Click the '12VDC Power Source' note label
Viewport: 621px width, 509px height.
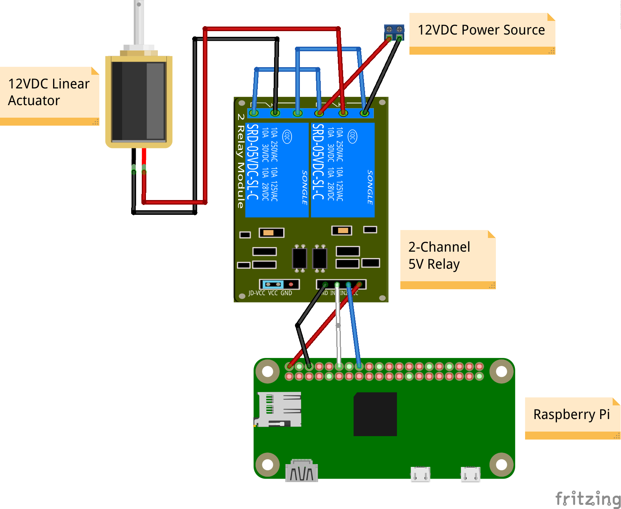(x=481, y=30)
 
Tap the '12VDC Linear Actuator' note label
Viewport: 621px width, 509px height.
(x=49, y=92)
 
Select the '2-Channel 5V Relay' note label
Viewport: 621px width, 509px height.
(x=440, y=255)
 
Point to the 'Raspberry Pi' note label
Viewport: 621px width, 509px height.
(x=571, y=414)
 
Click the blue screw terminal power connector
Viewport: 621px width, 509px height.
(x=394, y=32)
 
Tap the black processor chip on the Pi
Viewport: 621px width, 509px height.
(x=375, y=414)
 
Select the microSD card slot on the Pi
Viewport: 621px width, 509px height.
(x=278, y=409)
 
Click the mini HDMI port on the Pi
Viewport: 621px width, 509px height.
(x=301, y=471)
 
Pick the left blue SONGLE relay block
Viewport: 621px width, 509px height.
(x=277, y=170)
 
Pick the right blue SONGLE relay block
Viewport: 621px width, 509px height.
(x=342, y=170)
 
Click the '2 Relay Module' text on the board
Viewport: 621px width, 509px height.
(x=240, y=161)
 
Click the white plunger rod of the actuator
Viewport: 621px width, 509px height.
(x=139, y=23)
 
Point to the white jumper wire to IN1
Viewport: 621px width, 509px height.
(x=338, y=326)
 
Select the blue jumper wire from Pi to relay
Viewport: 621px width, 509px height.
(x=354, y=326)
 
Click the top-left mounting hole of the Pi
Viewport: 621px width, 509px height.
(x=268, y=371)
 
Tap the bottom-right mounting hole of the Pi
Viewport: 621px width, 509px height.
(x=501, y=465)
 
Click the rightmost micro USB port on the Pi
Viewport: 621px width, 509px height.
(x=470, y=474)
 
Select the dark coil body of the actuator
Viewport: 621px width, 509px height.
(x=138, y=101)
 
